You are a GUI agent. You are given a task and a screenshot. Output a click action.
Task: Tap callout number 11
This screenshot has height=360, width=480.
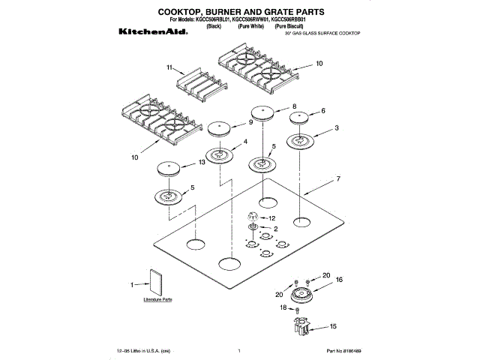pyautogui.click(x=170, y=67)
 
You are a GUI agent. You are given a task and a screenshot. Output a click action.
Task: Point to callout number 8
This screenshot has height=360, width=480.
pyautogui.click(x=294, y=106)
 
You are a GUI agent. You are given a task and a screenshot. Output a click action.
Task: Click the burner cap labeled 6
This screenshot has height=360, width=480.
pyautogui.click(x=303, y=118)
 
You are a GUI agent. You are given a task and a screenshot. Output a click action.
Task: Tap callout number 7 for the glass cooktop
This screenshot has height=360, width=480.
pyautogui.click(x=338, y=179)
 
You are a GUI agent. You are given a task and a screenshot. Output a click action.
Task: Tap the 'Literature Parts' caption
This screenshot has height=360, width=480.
pyautogui.click(x=157, y=299)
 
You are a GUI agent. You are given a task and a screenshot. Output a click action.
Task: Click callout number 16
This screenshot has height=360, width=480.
pyautogui.click(x=338, y=279)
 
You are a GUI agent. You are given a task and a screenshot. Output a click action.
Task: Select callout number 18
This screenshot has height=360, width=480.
pyautogui.click(x=283, y=307)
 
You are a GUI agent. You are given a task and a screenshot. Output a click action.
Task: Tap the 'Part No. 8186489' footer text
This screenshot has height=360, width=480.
pyautogui.click(x=343, y=350)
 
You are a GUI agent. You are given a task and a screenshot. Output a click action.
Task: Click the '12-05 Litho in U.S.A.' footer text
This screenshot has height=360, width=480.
pyautogui.click(x=143, y=350)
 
